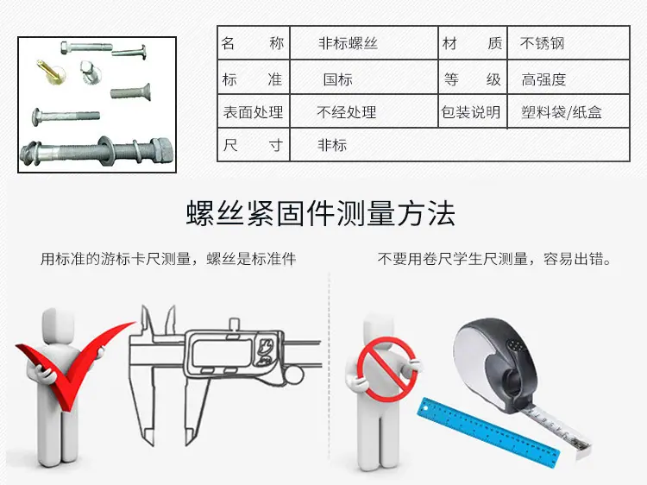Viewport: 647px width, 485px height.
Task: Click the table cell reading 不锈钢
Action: tap(568, 43)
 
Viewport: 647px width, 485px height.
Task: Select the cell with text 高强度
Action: tap(568, 78)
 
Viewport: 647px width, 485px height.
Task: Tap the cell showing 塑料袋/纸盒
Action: tap(568, 111)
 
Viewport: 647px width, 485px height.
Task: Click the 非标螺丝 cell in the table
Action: tap(364, 43)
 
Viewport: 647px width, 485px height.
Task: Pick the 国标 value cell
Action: tap(364, 78)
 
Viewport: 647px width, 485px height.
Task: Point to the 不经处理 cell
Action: tap(364, 111)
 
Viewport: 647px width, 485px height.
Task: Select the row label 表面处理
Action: tap(254, 111)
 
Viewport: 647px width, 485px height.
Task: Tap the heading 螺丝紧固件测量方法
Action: tap(321, 213)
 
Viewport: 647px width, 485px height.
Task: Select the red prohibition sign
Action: tap(387, 369)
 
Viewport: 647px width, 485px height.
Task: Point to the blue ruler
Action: tap(489, 431)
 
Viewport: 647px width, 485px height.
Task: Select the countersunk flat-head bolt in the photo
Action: tap(130, 92)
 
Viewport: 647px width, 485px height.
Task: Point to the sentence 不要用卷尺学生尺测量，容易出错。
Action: tap(494, 259)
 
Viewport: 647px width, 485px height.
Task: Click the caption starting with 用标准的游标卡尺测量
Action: tap(168, 259)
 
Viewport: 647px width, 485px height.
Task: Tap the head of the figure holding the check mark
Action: tap(58, 324)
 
